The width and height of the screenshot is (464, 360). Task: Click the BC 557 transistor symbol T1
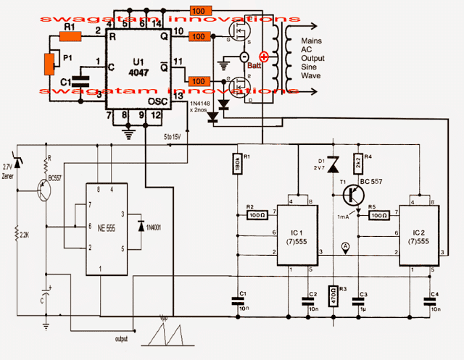[352, 195]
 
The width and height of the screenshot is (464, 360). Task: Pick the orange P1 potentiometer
[49, 63]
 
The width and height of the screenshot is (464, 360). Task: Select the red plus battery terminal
[263, 58]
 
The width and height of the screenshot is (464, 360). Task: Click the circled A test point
[346, 247]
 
